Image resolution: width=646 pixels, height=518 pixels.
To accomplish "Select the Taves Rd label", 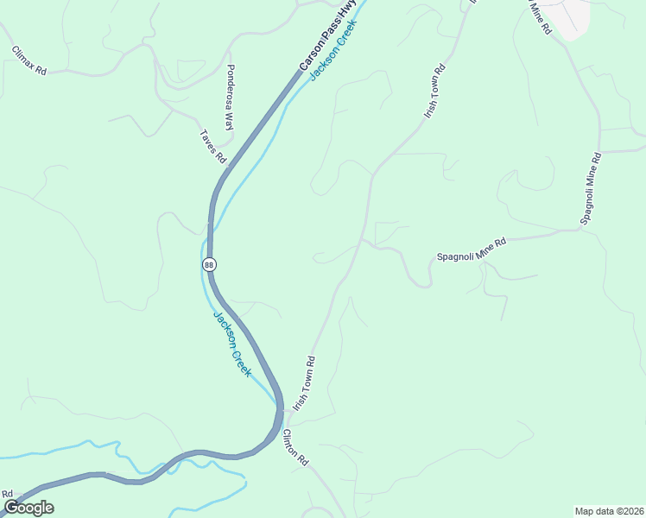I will pos(213,146).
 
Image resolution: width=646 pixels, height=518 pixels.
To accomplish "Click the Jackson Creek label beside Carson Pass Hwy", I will pos(333,50).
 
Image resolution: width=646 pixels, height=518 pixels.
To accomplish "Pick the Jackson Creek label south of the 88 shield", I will pos(232,343).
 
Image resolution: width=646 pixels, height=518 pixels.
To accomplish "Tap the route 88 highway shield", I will pos(209,264).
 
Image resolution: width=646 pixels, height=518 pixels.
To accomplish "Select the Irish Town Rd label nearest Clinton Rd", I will pos(304,383).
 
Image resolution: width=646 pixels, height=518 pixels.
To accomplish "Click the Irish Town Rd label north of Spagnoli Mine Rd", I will pos(434,91).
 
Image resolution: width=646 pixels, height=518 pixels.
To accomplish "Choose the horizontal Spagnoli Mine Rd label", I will pos(471,250).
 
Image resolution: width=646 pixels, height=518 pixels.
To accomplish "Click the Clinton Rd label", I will pos(296,447).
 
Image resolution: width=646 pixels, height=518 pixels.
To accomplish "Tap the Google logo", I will pos(28,507).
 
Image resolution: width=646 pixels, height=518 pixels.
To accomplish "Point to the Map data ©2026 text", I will pos(609,511).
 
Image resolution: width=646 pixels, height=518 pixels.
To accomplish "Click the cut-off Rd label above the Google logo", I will pos(7,494).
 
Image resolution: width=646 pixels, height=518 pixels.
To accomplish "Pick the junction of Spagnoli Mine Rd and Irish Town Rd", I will pos(363,241).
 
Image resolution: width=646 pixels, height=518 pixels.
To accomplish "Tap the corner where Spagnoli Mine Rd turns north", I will pos(581,229).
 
